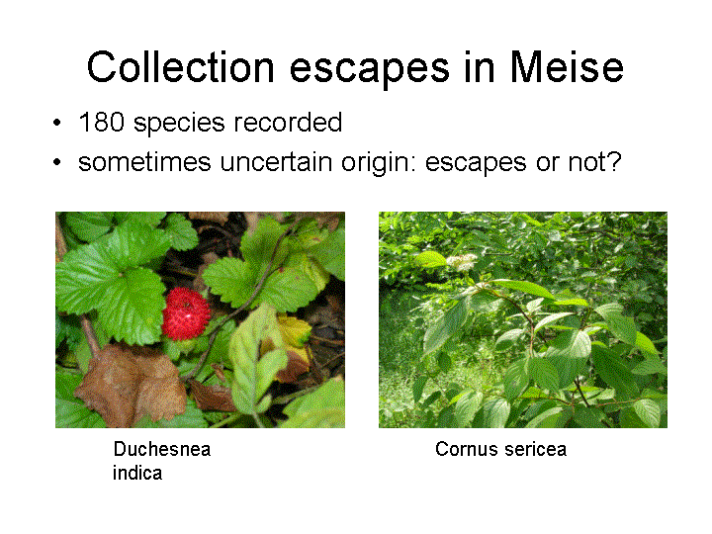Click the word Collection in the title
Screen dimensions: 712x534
(x=181, y=67)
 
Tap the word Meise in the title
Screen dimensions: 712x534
(x=567, y=67)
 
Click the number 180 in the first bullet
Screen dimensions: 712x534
(x=101, y=123)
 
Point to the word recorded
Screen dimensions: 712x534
(x=288, y=123)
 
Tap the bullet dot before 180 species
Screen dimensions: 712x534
(x=56, y=123)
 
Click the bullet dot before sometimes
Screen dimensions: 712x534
(x=56, y=161)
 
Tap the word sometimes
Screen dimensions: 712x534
(x=144, y=161)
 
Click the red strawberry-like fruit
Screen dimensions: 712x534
(x=186, y=313)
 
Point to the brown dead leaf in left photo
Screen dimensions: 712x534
(x=132, y=385)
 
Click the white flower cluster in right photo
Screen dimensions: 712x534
(x=462, y=262)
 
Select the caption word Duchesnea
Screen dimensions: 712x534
(x=162, y=449)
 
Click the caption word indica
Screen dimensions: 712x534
(x=137, y=473)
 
